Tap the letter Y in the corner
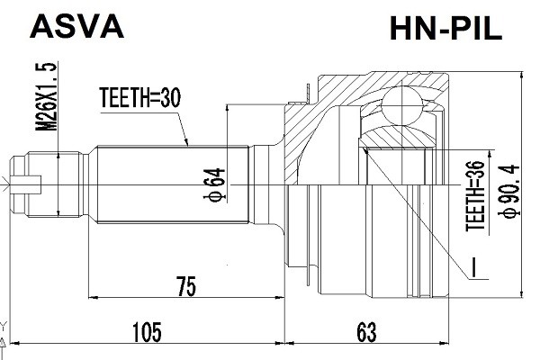point(4,326)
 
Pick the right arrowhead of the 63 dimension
point(448,343)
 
